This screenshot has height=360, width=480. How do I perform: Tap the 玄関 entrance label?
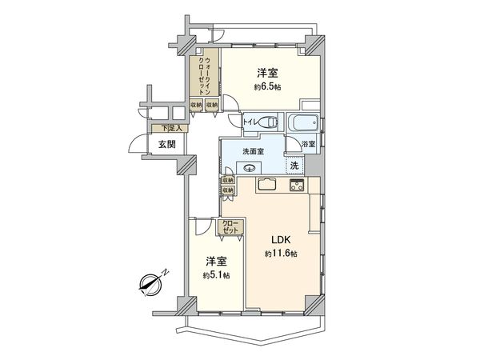coord(166,144)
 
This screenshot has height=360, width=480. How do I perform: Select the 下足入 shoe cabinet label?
coord(170,129)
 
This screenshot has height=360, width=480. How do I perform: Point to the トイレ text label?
coord(241,122)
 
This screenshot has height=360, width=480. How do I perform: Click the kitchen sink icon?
coord(266,186)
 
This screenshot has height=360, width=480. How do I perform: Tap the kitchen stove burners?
coord(296,186)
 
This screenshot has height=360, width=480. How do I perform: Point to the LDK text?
coord(278,239)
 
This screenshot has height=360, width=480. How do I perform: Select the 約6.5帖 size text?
coord(266,86)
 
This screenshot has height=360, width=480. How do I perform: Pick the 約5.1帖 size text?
coord(214,275)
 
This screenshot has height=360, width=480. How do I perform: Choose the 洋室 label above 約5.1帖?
coord(214,261)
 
